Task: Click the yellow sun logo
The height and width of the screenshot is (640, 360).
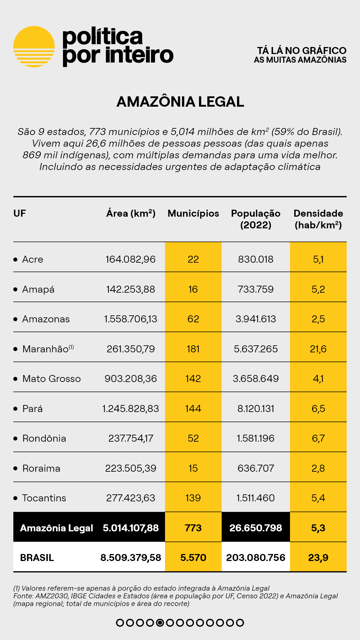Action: [34, 47]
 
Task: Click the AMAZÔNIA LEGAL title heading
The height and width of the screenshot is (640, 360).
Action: [180, 102]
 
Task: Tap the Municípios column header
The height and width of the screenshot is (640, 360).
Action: [193, 213]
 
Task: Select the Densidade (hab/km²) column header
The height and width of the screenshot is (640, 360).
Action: [318, 219]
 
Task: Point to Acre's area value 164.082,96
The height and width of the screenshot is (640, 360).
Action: [131, 259]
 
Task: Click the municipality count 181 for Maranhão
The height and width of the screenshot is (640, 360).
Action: [193, 349]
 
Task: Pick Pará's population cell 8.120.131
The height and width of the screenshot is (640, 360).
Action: [256, 409]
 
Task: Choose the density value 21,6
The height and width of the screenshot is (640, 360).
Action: [318, 349]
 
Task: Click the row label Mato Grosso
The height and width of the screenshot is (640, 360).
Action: [51, 379]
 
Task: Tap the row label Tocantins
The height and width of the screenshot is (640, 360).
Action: [44, 498]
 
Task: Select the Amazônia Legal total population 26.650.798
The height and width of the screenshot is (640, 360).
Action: [256, 528]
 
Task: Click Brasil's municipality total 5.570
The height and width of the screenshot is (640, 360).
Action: [193, 558]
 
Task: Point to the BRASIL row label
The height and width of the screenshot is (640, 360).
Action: [37, 558]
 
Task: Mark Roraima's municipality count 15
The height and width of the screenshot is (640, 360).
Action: [193, 468]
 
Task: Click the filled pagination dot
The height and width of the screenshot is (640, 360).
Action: [160, 623]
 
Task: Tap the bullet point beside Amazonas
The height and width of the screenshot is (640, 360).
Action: [15, 319]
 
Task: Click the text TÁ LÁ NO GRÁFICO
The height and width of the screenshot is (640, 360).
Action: [302, 50]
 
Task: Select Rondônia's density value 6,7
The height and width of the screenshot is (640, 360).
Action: [318, 438]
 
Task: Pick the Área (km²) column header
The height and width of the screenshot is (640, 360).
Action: [131, 213]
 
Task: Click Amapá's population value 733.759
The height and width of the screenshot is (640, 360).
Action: [256, 289]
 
